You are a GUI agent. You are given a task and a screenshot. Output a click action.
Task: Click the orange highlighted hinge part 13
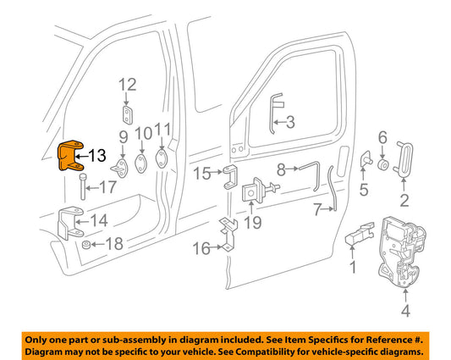(69, 158)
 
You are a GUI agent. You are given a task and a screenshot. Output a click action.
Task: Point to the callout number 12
(127, 85)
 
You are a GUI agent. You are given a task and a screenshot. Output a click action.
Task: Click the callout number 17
(109, 188)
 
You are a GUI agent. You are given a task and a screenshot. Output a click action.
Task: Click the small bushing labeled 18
(86, 246)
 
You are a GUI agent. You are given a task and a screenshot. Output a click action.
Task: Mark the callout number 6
(382, 137)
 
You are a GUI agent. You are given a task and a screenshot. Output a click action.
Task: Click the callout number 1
(354, 269)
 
